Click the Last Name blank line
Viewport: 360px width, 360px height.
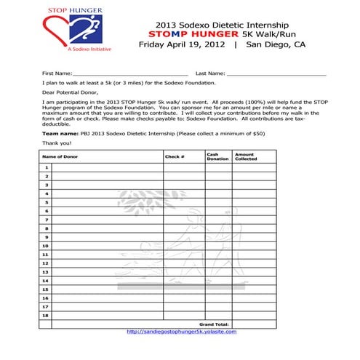coord(276,74)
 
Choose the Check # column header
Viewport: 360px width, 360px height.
coord(175,156)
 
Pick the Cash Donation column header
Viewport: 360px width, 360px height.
coord(217,156)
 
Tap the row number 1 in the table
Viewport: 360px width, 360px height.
coord(47,168)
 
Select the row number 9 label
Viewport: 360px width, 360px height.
coord(47,237)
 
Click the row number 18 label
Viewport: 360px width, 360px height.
coord(46,315)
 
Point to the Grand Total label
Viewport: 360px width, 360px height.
coord(214,324)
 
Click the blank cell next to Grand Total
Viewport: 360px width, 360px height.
coord(255,324)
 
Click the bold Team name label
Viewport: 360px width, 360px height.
coord(58,134)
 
